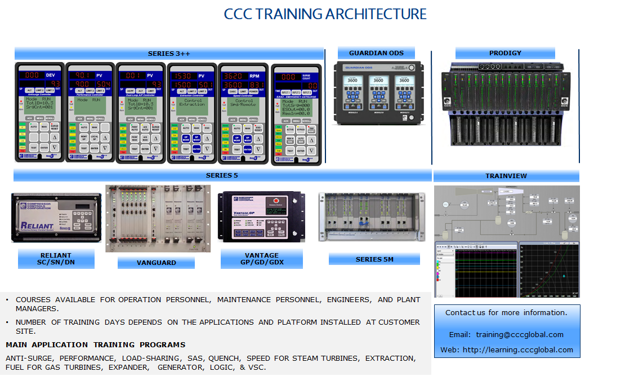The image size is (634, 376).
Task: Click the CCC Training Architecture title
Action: [x=325, y=14]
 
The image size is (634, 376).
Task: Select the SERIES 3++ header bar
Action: [x=169, y=54]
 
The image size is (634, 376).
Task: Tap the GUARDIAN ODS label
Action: [x=376, y=53]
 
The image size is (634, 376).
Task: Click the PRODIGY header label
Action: [x=505, y=53]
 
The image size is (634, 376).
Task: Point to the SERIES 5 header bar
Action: [x=222, y=175]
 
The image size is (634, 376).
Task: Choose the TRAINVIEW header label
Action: [x=506, y=176]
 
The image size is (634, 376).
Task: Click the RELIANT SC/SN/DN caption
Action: [x=56, y=259]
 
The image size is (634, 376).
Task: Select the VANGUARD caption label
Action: [x=156, y=263]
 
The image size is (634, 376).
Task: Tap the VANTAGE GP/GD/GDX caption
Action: [x=262, y=259]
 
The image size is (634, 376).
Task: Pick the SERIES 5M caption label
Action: [x=374, y=259]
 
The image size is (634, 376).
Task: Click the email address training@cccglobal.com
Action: [x=519, y=334]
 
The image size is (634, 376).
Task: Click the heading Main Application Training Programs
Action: [x=95, y=344]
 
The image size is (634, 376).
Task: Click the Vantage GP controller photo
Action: [x=262, y=216]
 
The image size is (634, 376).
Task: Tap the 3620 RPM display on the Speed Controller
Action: [x=235, y=76]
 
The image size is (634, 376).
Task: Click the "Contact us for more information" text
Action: [x=506, y=312]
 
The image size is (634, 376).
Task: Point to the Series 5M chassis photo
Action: [x=372, y=216]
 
